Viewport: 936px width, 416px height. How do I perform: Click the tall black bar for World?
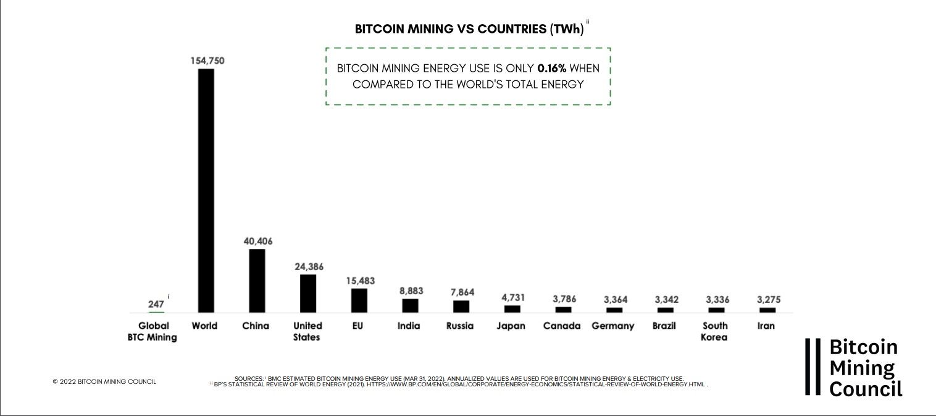click(x=206, y=190)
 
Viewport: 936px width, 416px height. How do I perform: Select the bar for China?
click(x=257, y=281)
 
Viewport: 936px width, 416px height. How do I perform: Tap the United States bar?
click(x=308, y=293)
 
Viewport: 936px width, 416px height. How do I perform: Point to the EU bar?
click(x=359, y=300)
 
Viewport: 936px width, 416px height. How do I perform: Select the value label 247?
click(x=156, y=304)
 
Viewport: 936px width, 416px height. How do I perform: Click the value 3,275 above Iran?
click(x=767, y=299)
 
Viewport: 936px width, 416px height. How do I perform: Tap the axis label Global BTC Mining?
click(x=152, y=331)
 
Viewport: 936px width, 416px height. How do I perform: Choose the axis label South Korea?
click(x=714, y=331)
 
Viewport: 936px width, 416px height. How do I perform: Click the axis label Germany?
click(x=612, y=326)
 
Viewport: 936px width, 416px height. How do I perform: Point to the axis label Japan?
click(x=511, y=326)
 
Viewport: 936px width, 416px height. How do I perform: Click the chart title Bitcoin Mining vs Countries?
click(x=469, y=29)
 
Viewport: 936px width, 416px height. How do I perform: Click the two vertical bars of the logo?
click(x=813, y=367)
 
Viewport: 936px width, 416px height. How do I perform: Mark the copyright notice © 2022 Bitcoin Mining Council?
click(x=104, y=381)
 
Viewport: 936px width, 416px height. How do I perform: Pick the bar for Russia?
click(x=461, y=306)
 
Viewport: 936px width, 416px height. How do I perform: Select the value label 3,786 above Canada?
click(x=563, y=299)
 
